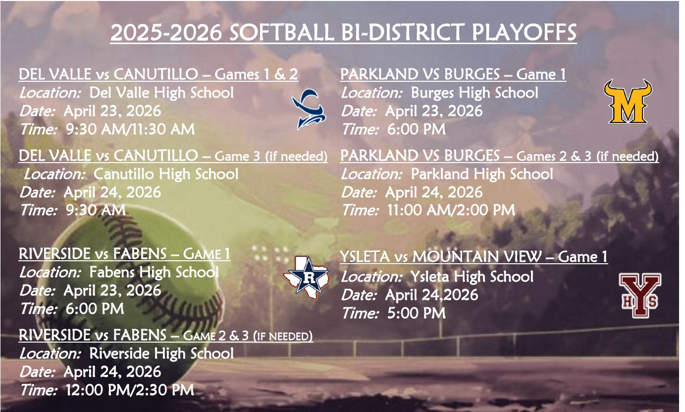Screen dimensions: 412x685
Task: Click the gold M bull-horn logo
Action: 628,101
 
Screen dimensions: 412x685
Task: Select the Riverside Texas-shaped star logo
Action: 306,275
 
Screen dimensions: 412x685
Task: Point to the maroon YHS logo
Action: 640,295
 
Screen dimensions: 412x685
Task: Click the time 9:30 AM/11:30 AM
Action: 130,129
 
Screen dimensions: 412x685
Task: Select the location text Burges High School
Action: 474,93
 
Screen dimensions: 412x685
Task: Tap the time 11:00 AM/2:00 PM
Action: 450,210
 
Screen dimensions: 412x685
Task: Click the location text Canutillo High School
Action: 165,174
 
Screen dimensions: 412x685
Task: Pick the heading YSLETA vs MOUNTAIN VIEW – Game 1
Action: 474,257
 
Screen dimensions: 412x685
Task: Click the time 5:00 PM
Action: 415,313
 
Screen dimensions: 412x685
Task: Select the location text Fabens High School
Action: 154,272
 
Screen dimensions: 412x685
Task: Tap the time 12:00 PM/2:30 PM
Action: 129,390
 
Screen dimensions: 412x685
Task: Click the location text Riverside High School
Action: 161,353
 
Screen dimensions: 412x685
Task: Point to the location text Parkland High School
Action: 482,174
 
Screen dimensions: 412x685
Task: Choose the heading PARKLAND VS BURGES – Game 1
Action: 453,74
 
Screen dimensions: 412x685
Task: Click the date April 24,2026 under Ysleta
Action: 431,295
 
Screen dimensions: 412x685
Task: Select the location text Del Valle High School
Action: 161,93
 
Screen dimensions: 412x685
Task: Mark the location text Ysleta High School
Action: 472,276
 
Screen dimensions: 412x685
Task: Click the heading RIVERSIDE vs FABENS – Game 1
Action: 124,254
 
